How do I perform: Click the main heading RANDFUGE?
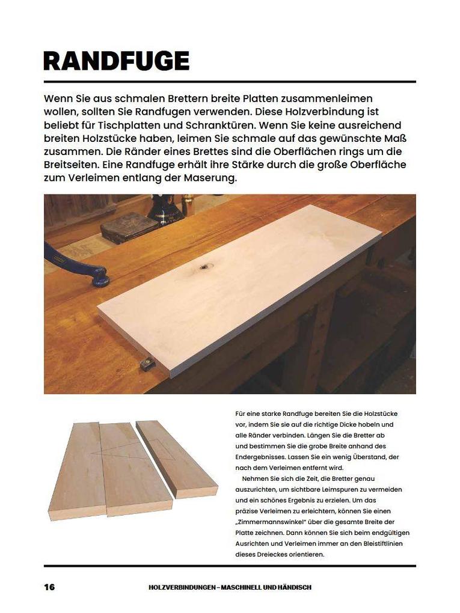click(116, 61)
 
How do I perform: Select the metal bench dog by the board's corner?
click(146, 363)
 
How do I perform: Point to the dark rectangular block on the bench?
click(129, 227)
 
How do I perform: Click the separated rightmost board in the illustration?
click(177, 460)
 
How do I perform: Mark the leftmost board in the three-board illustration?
click(78, 472)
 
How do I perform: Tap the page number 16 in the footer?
click(49, 587)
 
